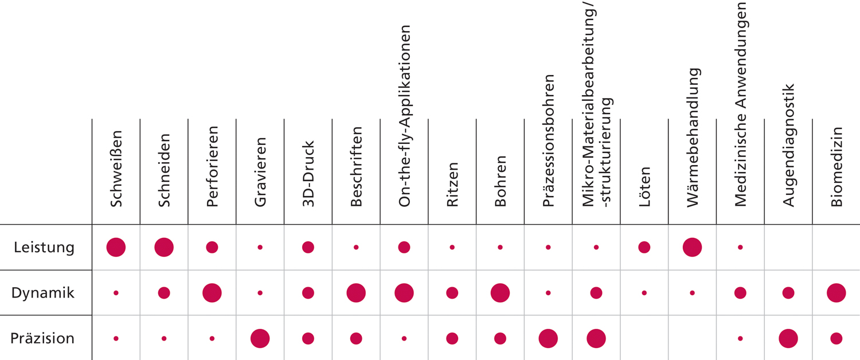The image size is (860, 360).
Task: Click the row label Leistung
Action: click(x=44, y=248)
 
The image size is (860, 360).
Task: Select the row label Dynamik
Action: click(x=42, y=293)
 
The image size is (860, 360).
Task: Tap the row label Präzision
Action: click(x=42, y=338)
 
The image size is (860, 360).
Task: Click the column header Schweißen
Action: click(x=116, y=169)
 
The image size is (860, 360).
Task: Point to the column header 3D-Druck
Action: click(x=308, y=174)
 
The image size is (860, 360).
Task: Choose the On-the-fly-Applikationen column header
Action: click(x=404, y=116)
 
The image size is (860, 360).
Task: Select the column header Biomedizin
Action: click(x=836, y=167)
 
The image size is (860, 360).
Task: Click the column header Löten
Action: click(x=644, y=187)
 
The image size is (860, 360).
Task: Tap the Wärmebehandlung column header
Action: click(x=693, y=138)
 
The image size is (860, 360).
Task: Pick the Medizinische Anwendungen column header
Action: click(x=741, y=104)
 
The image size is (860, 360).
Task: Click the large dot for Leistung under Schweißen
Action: click(x=116, y=247)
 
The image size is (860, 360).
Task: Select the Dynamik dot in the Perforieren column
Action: click(x=212, y=293)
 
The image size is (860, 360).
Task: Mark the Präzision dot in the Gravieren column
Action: click(x=260, y=339)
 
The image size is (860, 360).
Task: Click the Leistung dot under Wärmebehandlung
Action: click(x=692, y=247)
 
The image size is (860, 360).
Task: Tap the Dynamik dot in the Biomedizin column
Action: click(x=836, y=293)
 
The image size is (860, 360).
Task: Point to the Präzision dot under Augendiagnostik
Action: click(x=788, y=339)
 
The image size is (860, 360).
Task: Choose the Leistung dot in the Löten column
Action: click(x=644, y=247)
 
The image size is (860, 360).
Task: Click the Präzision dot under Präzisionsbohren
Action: click(x=548, y=339)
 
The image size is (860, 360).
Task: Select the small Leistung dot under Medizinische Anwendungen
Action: click(x=740, y=247)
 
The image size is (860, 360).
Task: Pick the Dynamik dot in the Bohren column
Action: click(x=501, y=293)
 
